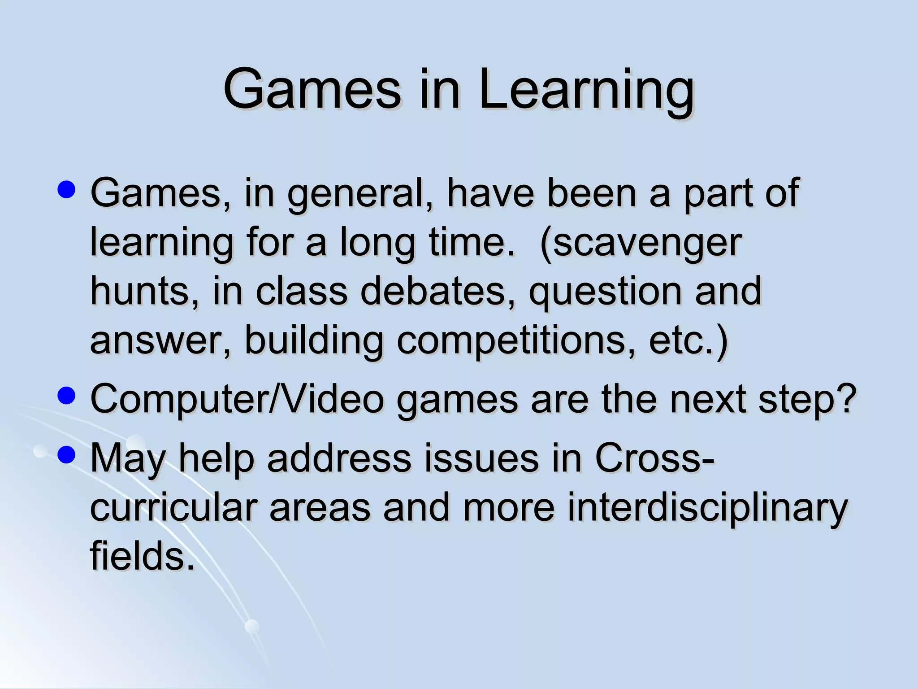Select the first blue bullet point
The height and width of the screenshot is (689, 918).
pos(67,190)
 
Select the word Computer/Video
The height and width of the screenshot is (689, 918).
pos(237,399)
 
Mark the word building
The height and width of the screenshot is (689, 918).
pos(314,341)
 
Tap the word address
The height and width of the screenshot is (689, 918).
pos(339,458)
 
